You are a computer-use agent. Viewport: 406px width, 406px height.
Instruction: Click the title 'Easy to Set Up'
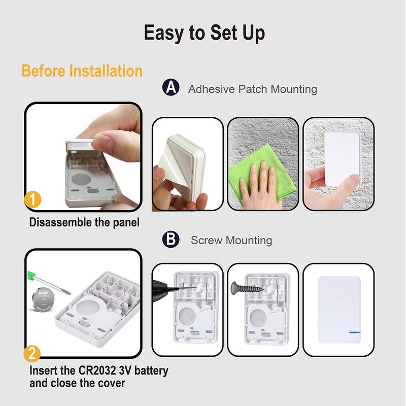tap(205, 33)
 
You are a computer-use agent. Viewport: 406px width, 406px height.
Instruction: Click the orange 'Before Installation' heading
tap(82, 71)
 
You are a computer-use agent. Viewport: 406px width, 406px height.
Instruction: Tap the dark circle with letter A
tap(171, 87)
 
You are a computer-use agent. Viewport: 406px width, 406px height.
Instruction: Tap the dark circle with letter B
tap(171, 239)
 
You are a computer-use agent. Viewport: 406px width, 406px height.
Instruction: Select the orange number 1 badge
tap(32, 199)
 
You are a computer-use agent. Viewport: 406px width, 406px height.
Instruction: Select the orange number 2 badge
tap(32, 353)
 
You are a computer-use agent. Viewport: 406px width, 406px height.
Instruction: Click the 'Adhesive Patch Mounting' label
tap(252, 89)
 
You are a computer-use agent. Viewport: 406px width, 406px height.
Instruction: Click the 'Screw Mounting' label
tap(231, 240)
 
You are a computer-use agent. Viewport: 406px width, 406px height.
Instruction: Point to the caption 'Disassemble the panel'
tap(84, 222)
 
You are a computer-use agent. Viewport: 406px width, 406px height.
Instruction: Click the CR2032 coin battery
tap(44, 300)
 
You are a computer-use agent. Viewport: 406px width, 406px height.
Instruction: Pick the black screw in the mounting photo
tap(247, 288)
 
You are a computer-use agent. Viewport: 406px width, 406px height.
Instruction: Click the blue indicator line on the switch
tap(354, 332)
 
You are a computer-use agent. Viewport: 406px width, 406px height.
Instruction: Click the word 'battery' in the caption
tap(151, 370)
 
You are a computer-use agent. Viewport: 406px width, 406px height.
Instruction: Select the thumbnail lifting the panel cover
tap(83, 157)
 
